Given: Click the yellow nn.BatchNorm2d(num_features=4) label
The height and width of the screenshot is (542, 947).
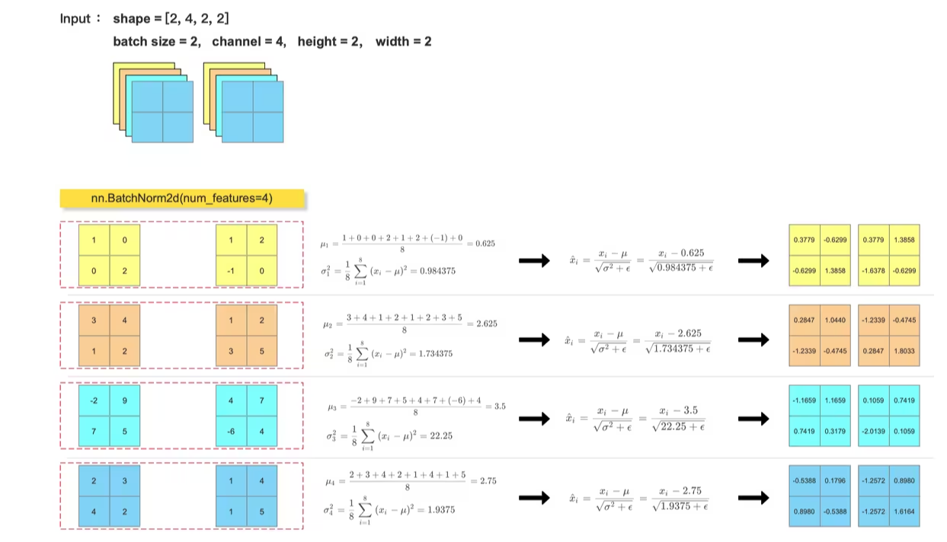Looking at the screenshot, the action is (181, 199).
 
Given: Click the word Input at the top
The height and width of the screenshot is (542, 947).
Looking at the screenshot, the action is (75, 18).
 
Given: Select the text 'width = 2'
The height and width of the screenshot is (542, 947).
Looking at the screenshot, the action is (403, 41).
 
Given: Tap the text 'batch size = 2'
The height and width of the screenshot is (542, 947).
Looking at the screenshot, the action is (156, 41).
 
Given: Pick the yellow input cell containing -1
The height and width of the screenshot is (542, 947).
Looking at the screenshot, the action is (231, 270).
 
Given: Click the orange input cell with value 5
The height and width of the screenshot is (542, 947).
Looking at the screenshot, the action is (261, 351).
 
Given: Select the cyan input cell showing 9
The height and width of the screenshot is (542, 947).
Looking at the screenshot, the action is (124, 400).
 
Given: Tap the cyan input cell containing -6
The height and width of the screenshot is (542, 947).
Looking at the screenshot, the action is (231, 432).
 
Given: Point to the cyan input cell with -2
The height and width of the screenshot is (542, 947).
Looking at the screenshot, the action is (94, 400).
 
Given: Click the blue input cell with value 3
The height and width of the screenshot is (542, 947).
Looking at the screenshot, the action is (124, 481).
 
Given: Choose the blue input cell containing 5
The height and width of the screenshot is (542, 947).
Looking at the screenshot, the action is (261, 512).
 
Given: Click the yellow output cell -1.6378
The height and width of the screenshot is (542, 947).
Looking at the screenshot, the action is (873, 270).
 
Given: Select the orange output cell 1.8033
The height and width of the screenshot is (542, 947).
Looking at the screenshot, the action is (904, 351).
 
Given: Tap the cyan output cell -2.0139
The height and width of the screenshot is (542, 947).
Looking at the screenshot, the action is (873, 432).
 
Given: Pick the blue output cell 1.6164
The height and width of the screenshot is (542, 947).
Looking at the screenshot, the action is (904, 512).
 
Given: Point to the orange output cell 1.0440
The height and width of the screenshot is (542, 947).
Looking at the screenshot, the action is (835, 320).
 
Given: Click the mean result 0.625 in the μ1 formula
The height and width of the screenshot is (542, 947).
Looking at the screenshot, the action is (485, 244).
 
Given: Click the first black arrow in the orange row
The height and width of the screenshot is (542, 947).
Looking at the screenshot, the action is (534, 340).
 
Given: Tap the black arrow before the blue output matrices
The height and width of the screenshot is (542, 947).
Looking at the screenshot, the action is (753, 498).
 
